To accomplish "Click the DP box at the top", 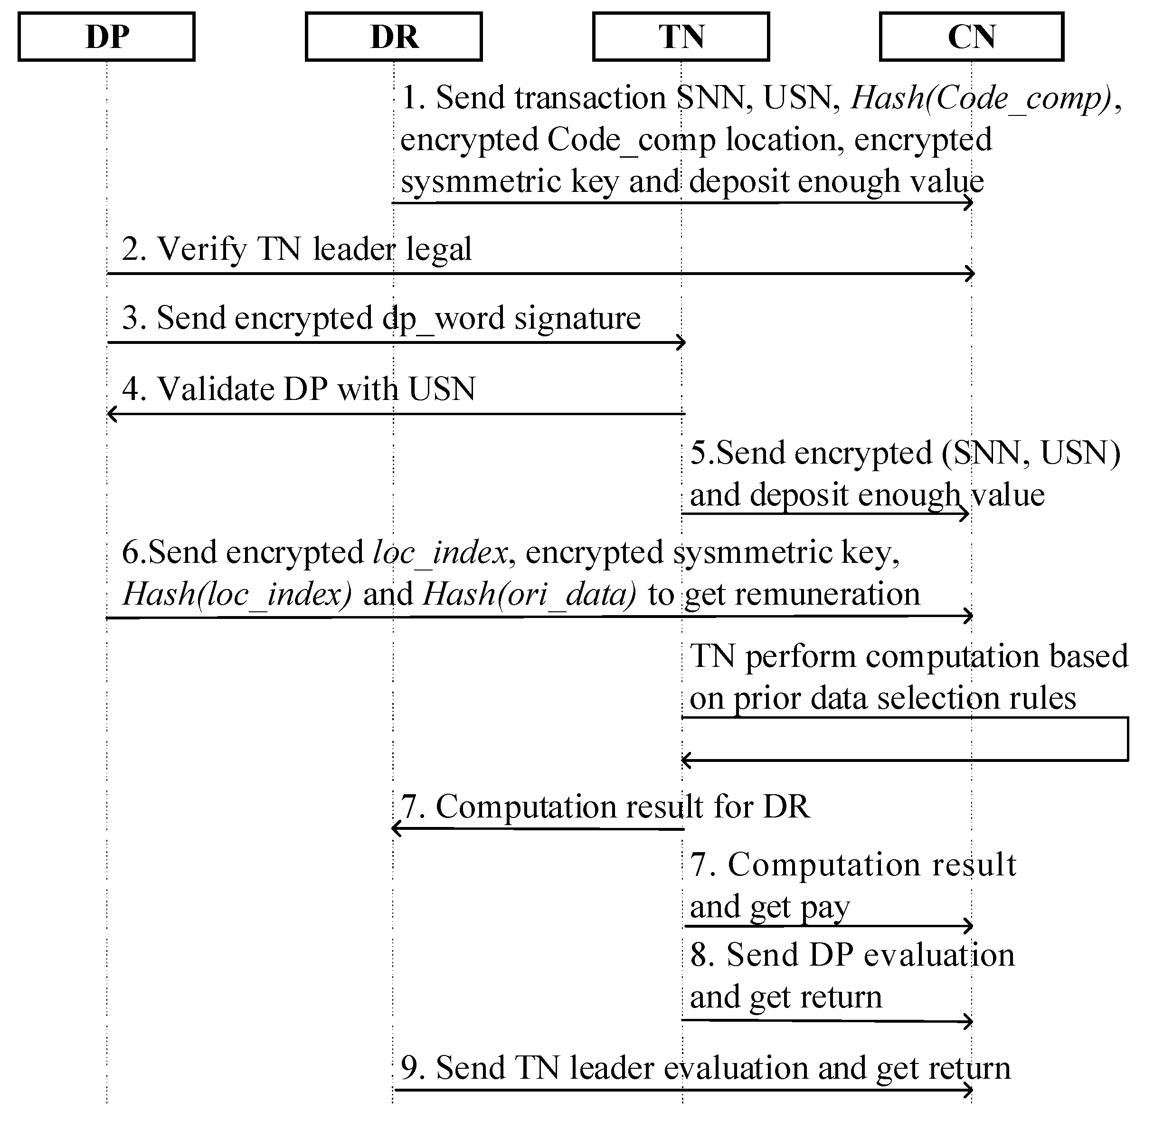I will [x=106, y=37].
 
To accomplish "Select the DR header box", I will [x=393, y=37].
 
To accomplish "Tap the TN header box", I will [x=681, y=37].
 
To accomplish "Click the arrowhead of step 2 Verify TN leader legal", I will [x=970, y=274].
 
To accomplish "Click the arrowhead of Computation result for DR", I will [x=396, y=829].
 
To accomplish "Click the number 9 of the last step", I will [x=410, y=1068].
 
